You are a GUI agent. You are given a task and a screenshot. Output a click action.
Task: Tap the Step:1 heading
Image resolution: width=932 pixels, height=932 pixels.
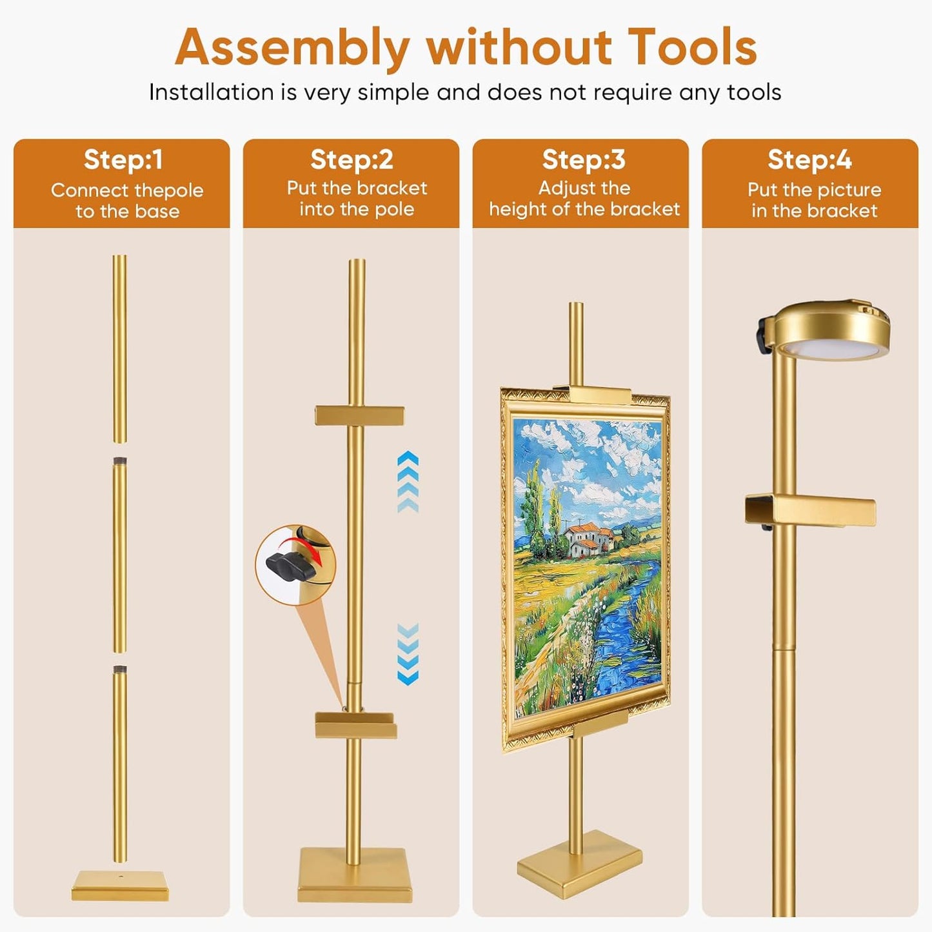pyautogui.click(x=123, y=160)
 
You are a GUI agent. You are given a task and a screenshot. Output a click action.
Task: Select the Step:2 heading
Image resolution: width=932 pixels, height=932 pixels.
pyautogui.click(x=352, y=159)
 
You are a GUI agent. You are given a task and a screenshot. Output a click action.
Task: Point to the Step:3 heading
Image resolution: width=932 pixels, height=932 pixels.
pyautogui.click(x=583, y=159)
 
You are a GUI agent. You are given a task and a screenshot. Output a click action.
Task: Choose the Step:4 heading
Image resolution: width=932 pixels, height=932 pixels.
pyautogui.click(x=809, y=160)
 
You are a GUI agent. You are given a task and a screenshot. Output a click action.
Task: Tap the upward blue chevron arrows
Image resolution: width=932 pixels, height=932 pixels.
pyautogui.click(x=408, y=481)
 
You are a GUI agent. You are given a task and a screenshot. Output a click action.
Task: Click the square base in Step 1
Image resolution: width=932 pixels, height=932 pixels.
pyautogui.click(x=120, y=886)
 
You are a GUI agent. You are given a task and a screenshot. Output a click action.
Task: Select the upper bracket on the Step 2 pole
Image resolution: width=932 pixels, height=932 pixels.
pyautogui.click(x=359, y=416)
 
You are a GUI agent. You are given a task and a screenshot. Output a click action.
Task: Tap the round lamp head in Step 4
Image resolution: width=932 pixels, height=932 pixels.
pyautogui.click(x=829, y=329)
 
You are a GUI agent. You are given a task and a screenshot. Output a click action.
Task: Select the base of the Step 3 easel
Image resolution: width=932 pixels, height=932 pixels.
pyautogui.click(x=579, y=869)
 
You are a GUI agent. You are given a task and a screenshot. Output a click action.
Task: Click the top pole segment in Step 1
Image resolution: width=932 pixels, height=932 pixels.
pyautogui.click(x=119, y=349)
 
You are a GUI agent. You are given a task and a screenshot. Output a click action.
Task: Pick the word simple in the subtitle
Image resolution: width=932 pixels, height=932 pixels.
pyautogui.click(x=393, y=93)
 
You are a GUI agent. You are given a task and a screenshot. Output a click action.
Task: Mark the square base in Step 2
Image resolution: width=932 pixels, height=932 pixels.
pyautogui.click(x=355, y=881)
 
